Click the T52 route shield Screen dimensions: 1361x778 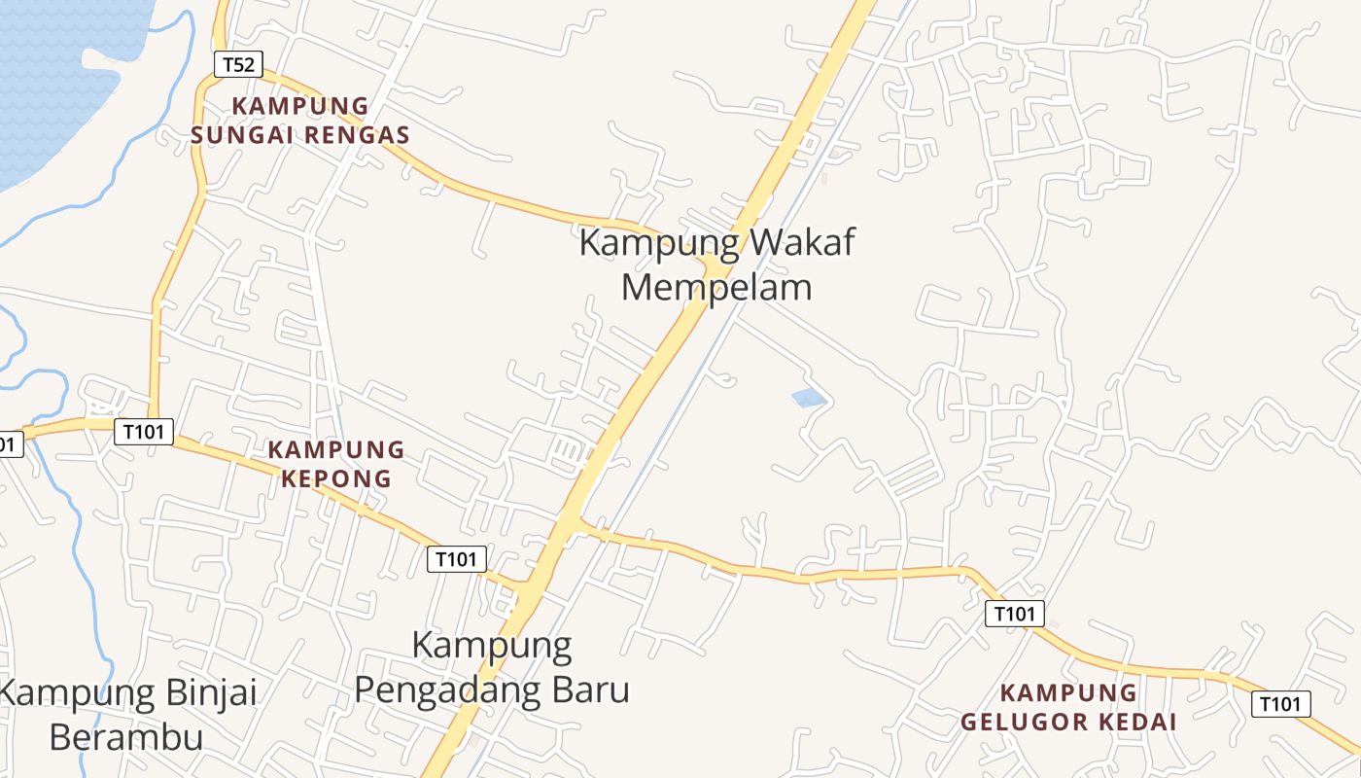[x=238, y=65]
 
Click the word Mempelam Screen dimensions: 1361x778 [x=716, y=288]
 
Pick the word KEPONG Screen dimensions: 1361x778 [x=336, y=478]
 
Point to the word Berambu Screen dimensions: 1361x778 [x=126, y=737]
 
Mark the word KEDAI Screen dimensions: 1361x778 [x=1139, y=722]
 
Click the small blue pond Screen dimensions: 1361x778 [x=809, y=398]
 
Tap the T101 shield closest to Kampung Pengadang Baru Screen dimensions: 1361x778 [x=457, y=559]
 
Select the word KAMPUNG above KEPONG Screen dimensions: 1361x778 [x=336, y=450]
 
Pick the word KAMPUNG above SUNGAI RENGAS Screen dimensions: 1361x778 [x=300, y=106]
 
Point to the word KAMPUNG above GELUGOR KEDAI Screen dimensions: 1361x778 [x=1069, y=693]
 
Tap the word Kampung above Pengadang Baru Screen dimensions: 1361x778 [x=492, y=645]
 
